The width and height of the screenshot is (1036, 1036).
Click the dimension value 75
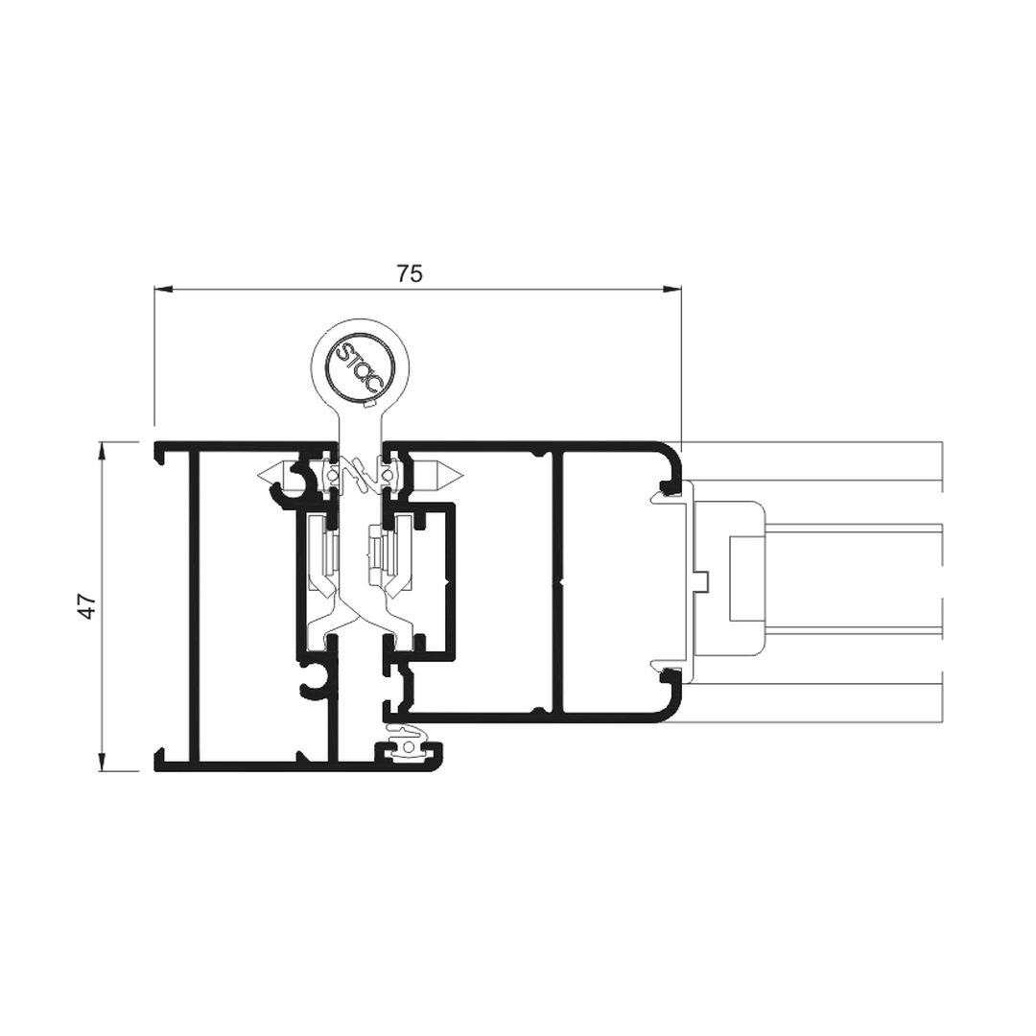tap(410, 272)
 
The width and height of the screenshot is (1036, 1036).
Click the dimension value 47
tap(88, 606)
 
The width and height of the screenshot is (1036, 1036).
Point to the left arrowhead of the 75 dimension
tap(162, 289)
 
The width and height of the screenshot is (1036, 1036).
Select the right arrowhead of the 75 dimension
tap(672, 289)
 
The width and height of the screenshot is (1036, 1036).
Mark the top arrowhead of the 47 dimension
tap(102, 451)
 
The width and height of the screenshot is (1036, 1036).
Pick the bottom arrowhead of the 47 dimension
tap(102, 762)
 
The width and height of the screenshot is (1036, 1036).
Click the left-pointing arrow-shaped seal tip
tap(271, 474)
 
